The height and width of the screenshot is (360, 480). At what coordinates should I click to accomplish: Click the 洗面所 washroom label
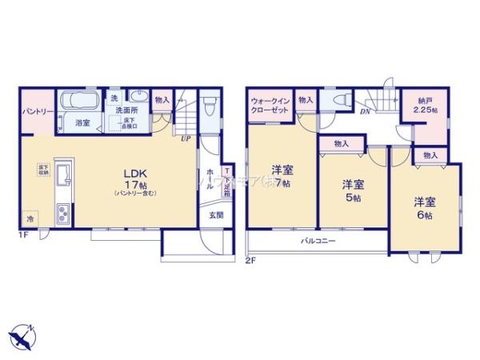pyautogui.click(x=124, y=110)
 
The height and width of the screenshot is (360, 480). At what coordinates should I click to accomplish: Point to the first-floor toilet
pyautogui.click(x=209, y=106)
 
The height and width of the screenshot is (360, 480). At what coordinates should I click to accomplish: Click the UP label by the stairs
pyautogui.click(x=186, y=138)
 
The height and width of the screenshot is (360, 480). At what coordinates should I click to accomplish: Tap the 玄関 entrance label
pyautogui.click(x=217, y=214)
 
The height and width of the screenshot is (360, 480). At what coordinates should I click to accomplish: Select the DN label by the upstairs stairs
pyautogui.click(x=365, y=113)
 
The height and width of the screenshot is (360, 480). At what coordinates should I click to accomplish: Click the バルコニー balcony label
pyautogui.click(x=318, y=241)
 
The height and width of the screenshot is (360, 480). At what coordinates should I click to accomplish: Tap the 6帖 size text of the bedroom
pyautogui.click(x=424, y=214)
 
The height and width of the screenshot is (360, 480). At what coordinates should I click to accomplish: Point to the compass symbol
pyautogui.click(x=24, y=337)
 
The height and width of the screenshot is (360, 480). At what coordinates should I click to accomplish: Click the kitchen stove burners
pyautogui.click(x=62, y=214)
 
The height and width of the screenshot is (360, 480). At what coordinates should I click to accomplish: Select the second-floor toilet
pyautogui.click(x=339, y=101)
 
